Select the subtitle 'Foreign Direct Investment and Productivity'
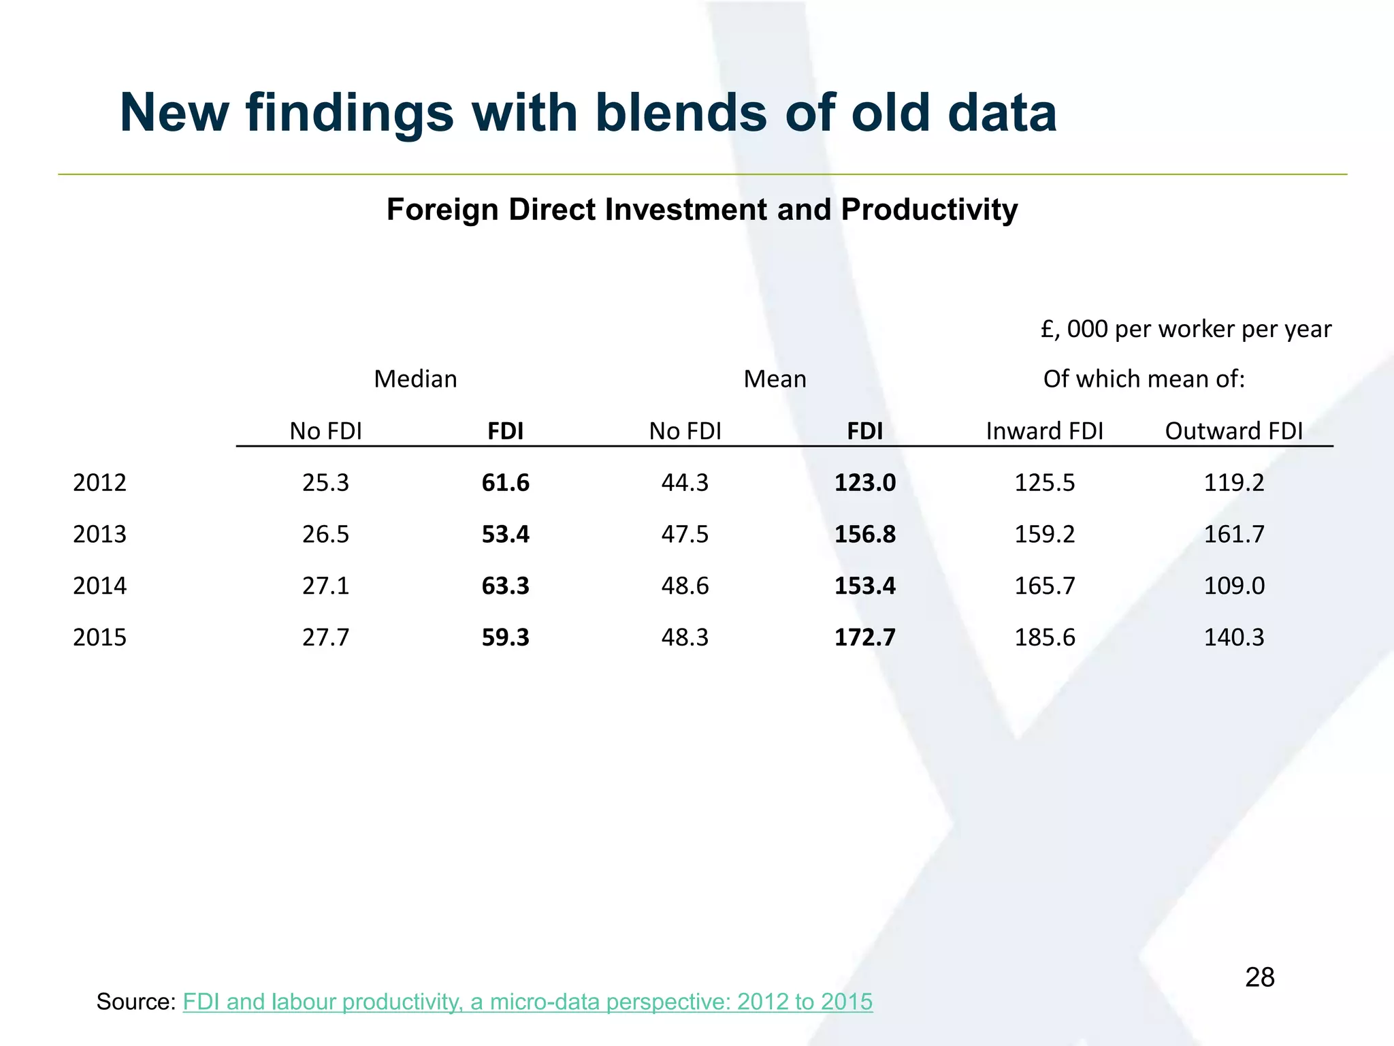(x=702, y=209)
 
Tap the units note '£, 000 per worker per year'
(x=1186, y=330)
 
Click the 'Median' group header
(x=415, y=379)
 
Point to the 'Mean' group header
(x=775, y=379)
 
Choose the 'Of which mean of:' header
(x=1144, y=379)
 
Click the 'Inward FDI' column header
(x=1044, y=431)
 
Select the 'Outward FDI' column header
(x=1233, y=431)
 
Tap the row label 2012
(x=99, y=483)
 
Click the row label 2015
(x=99, y=637)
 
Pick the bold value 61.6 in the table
(x=505, y=483)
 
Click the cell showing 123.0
(x=864, y=483)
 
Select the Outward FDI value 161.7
(x=1233, y=534)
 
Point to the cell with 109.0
(x=1233, y=586)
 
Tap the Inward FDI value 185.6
(x=1044, y=637)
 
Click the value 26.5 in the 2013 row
(x=325, y=534)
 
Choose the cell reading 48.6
(x=685, y=586)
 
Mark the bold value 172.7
(x=864, y=637)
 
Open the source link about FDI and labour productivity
(x=528, y=1002)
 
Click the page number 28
(x=1259, y=977)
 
